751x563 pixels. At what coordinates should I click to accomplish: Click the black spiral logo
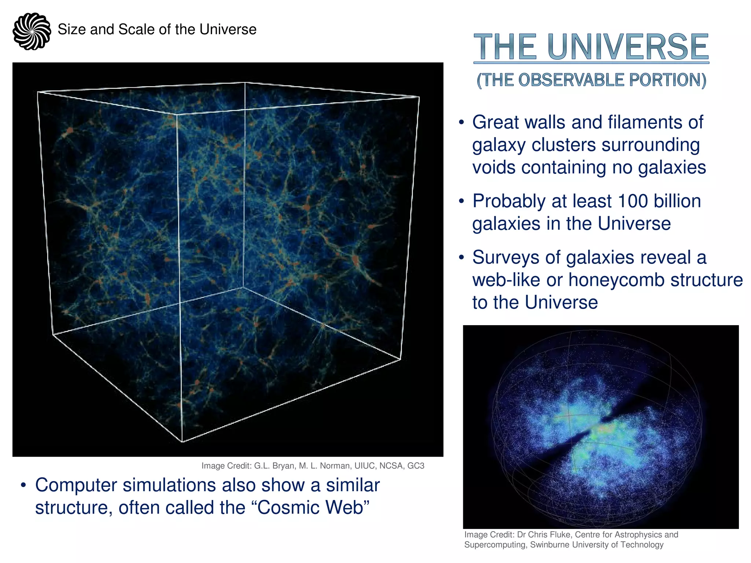point(32,31)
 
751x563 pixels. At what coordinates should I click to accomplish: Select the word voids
point(494,168)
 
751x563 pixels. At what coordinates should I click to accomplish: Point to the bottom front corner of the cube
point(182,442)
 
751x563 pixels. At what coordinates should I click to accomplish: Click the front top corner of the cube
point(177,114)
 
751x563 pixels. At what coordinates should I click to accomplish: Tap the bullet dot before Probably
point(462,201)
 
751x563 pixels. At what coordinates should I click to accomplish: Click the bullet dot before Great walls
point(462,122)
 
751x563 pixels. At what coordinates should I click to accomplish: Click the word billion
point(677,201)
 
